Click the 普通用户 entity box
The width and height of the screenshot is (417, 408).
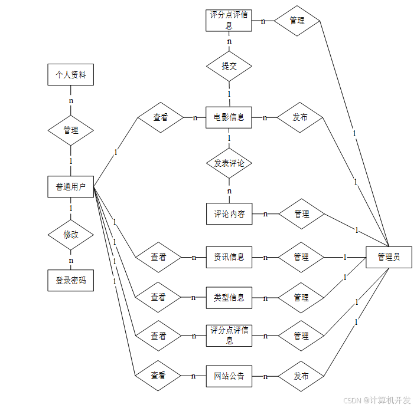pyautogui.click(x=71, y=187)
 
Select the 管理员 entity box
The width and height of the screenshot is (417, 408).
pyautogui.click(x=389, y=257)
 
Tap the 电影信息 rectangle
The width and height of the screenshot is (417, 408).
pyautogui.click(x=229, y=117)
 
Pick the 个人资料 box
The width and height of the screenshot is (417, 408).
pyautogui.click(x=71, y=75)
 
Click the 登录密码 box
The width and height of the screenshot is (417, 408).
pyautogui.click(x=71, y=281)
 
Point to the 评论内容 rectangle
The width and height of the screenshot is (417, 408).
pyautogui.click(x=229, y=214)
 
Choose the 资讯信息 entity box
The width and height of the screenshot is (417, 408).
pyautogui.click(x=229, y=257)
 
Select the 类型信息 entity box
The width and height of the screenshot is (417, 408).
pyautogui.click(x=229, y=298)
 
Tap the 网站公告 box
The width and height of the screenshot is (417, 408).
pyautogui.click(x=229, y=376)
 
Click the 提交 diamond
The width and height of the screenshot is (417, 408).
pyautogui.click(x=229, y=66)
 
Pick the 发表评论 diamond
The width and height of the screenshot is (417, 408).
pyautogui.click(x=229, y=163)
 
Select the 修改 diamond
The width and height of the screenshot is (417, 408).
pyautogui.click(x=71, y=235)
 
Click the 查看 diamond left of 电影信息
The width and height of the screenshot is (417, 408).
pyautogui.click(x=161, y=117)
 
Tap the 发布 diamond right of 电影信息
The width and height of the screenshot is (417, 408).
pyautogui.click(x=299, y=117)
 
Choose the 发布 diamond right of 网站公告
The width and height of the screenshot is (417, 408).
pyautogui.click(x=301, y=376)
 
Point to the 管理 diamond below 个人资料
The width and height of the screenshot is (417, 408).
pyautogui.click(x=71, y=130)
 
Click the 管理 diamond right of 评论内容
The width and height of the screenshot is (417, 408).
pyautogui.click(x=302, y=214)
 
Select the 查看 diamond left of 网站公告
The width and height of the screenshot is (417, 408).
pyautogui.click(x=158, y=376)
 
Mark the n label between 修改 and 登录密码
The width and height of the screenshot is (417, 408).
pyautogui.click(x=71, y=261)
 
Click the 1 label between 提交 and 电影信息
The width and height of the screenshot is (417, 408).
pyautogui.click(x=229, y=94)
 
